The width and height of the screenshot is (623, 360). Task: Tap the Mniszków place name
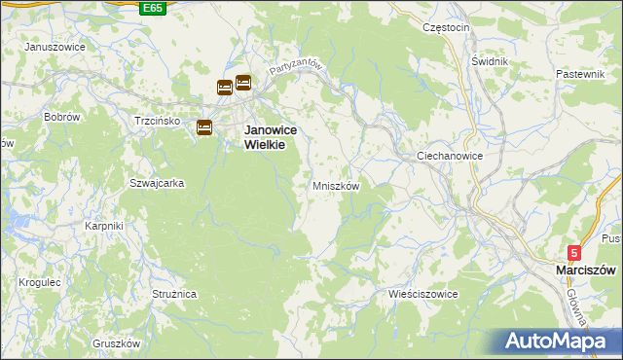point(336,186)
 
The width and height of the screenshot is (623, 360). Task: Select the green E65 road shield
point(152,8)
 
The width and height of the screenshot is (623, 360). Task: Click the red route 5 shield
point(574,252)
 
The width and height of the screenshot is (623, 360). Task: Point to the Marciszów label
point(585,270)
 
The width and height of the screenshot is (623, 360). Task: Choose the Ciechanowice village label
point(450,156)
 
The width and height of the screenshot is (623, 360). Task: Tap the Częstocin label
point(446,27)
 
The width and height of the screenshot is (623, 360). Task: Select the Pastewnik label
point(581,74)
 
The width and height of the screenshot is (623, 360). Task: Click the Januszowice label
point(55,47)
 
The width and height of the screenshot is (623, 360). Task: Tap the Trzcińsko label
point(158,121)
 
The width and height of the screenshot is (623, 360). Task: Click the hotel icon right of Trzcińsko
point(204,126)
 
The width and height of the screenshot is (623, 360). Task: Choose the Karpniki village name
point(103,226)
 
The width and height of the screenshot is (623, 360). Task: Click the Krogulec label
point(40,282)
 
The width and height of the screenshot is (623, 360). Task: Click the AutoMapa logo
point(558,341)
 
